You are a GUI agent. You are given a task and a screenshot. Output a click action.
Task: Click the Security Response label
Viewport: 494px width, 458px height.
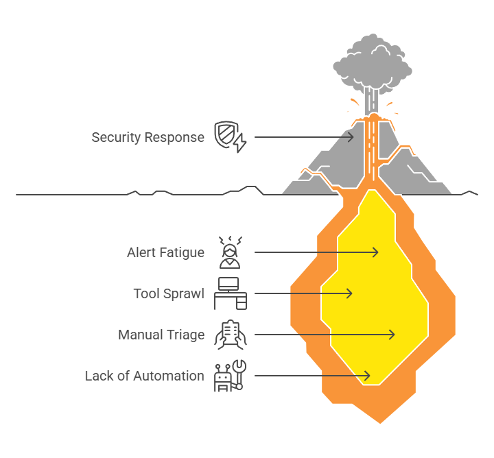[x=148, y=138]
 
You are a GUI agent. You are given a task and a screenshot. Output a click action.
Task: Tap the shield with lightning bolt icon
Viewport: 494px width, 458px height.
[x=231, y=137]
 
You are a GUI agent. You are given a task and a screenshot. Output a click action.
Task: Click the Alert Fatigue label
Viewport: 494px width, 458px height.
[x=166, y=252]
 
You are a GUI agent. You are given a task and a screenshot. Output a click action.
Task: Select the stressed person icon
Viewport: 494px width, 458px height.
[x=231, y=252]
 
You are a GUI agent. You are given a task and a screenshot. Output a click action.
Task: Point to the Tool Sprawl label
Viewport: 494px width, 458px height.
[x=169, y=293]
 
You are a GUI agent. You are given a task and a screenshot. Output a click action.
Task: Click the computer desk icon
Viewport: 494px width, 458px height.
[x=231, y=293]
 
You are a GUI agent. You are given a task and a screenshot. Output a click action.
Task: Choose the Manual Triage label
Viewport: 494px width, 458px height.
[x=161, y=335]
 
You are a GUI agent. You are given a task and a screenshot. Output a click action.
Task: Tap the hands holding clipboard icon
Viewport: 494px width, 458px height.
[x=231, y=335]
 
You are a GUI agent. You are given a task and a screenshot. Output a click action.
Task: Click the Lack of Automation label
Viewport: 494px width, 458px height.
[x=145, y=376]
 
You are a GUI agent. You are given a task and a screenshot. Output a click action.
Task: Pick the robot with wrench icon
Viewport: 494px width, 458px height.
[x=231, y=376]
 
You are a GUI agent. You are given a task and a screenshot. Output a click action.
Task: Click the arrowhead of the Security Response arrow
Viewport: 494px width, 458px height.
[x=351, y=137]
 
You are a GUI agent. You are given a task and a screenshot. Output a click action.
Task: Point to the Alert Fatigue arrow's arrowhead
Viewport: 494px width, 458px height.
[x=375, y=252]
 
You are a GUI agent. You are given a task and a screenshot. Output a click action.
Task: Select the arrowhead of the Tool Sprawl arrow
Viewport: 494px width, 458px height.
[x=349, y=293]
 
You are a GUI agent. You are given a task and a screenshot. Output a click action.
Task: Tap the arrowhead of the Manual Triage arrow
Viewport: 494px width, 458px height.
[x=391, y=335]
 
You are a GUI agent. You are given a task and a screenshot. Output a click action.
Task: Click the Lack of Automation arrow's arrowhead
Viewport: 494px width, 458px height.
[x=366, y=376]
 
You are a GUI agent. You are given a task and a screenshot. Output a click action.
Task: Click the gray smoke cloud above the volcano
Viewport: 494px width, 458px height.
[x=373, y=63]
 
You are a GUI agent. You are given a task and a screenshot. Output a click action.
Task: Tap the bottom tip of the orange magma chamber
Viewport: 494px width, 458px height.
[x=380, y=423]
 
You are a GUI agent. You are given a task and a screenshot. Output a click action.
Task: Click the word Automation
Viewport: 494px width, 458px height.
[x=169, y=376]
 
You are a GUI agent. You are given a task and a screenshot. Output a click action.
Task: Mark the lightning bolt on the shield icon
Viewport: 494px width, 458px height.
[x=240, y=143]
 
